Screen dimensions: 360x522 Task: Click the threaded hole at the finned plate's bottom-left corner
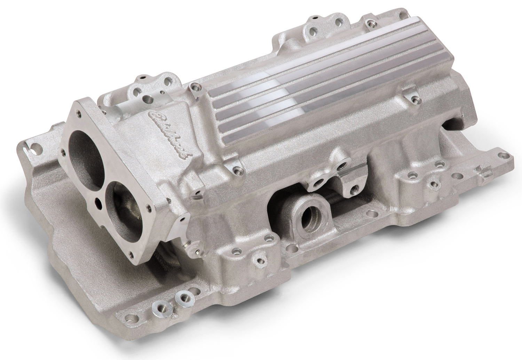pos(237,170)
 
